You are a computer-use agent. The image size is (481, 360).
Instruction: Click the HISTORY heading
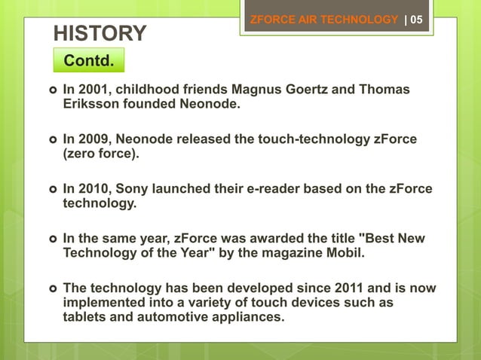pyautogui.click(x=100, y=33)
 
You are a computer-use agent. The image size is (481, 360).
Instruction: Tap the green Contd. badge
pyautogui.click(x=89, y=60)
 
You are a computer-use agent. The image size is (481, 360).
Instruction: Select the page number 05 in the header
pyautogui.click(x=416, y=20)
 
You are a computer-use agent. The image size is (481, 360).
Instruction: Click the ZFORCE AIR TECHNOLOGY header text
pyautogui.click(x=323, y=20)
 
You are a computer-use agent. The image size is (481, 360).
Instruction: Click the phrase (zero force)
pyautogui.click(x=101, y=154)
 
